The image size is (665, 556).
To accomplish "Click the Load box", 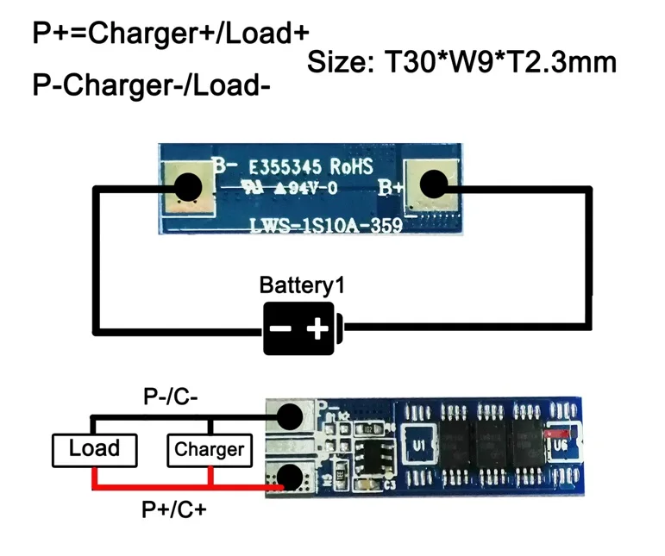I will click(x=94, y=448).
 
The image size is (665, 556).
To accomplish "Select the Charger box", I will click(x=209, y=449).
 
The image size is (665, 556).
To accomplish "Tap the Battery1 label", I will click(x=295, y=285).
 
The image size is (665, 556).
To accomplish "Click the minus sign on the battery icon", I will click(x=279, y=328).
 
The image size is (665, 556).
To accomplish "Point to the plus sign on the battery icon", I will click(x=317, y=328).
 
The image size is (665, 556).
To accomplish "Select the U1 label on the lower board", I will click(x=420, y=447).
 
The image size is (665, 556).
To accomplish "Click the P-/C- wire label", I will click(x=173, y=397).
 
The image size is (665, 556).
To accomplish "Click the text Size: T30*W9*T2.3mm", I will click(x=461, y=62).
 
